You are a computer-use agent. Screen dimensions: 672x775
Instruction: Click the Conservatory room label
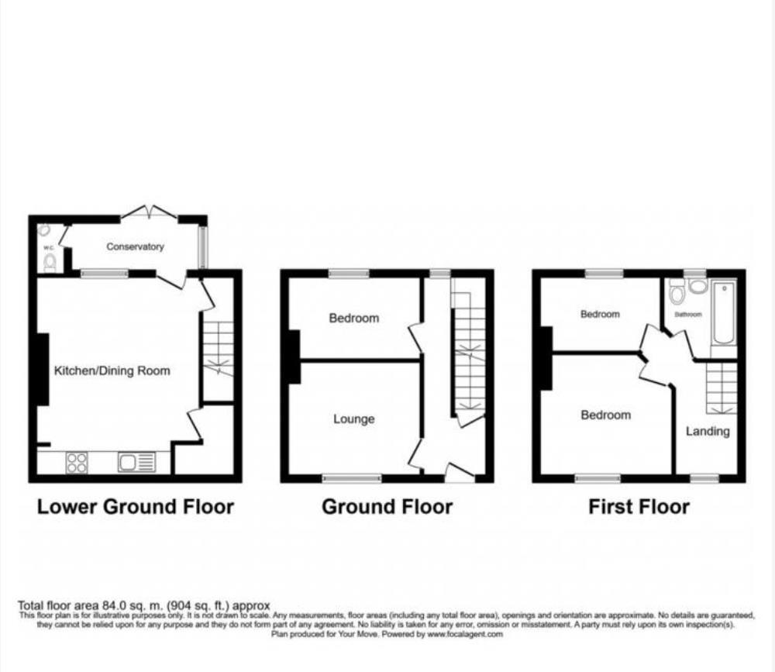pos(136,246)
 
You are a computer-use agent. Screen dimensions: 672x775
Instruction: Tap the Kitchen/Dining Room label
pos(112,370)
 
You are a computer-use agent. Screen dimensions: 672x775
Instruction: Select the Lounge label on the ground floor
pos(354,419)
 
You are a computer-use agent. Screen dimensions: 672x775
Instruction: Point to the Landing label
pos(708,431)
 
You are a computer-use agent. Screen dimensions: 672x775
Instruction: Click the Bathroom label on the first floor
pos(687,315)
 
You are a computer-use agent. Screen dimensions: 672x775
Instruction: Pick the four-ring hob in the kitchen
pos(77,463)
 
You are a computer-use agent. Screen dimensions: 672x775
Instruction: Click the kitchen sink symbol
pos(136,463)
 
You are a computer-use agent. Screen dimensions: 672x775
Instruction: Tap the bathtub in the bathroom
pos(724,314)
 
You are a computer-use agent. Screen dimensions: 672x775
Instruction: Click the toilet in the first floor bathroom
pos(676,292)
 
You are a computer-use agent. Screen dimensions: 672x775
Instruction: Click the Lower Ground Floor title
pos(136,507)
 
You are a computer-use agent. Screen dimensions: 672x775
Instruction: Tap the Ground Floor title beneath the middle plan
pos(387,507)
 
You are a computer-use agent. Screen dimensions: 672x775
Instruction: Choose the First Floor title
pos(639,507)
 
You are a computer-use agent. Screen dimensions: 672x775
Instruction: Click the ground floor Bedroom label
pos(354,318)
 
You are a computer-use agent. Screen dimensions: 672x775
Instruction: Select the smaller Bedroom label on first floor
pos(600,315)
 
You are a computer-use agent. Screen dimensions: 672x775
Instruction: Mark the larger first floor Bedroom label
pos(605,415)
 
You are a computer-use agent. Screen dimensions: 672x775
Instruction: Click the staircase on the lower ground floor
pos(217,349)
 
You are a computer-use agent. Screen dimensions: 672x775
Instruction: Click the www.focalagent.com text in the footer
pos(464,633)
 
